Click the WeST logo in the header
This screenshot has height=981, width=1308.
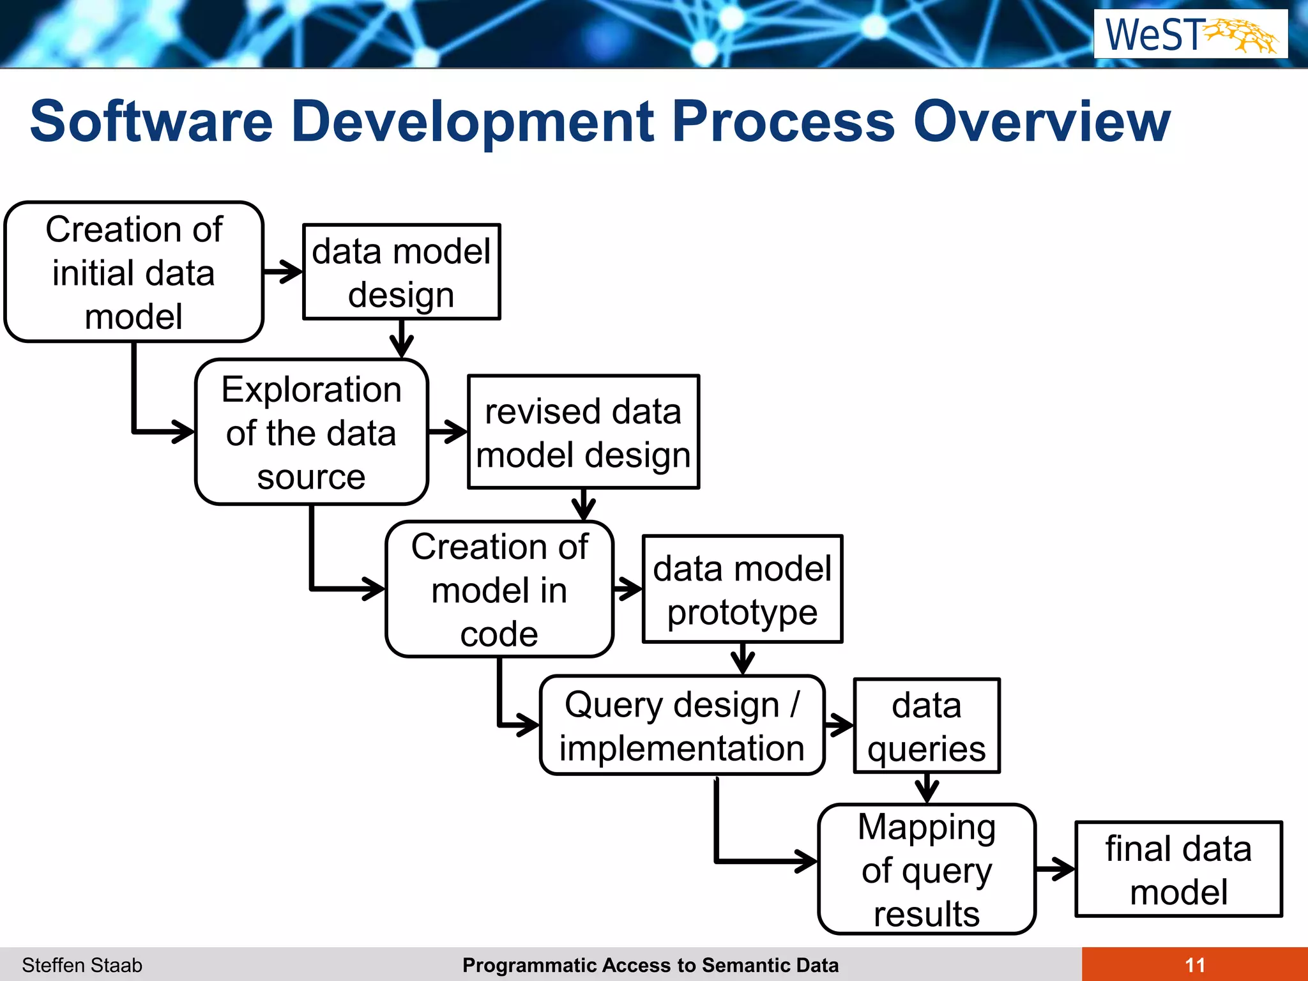pos(1190,34)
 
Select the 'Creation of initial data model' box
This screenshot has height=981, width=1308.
pos(133,272)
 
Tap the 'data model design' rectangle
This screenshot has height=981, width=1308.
pos(401,272)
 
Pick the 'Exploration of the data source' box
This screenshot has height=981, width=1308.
pos(311,432)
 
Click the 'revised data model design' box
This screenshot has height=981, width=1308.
pos(583,432)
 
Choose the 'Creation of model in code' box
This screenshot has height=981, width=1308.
pos(499,589)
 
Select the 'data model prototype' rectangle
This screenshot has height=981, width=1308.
pos(742,589)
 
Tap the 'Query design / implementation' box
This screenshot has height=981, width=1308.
pos(681,726)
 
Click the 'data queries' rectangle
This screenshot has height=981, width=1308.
pos(926,726)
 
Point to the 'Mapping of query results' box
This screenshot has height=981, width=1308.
pos(926,869)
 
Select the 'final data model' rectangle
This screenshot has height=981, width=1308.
pos(1178,869)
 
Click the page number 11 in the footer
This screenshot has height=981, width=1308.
pos(1194,964)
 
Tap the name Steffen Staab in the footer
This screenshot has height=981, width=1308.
pos(82,965)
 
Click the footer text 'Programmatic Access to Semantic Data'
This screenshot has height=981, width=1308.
pos(650,965)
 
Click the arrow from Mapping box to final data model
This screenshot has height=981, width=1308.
pos(1055,869)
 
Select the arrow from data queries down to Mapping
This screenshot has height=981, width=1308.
pos(927,789)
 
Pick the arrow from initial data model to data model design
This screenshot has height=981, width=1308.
pos(283,272)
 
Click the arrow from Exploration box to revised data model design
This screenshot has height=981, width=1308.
pos(448,432)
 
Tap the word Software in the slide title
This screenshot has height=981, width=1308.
pos(151,121)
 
